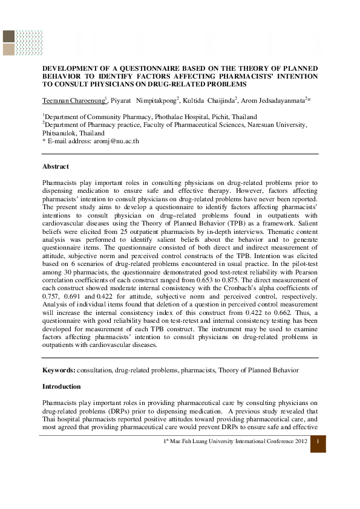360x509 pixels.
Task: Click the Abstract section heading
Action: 56,166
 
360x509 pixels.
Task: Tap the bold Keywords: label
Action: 59,369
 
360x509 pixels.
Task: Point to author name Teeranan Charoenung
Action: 73,99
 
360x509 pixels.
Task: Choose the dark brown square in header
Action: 9,36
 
